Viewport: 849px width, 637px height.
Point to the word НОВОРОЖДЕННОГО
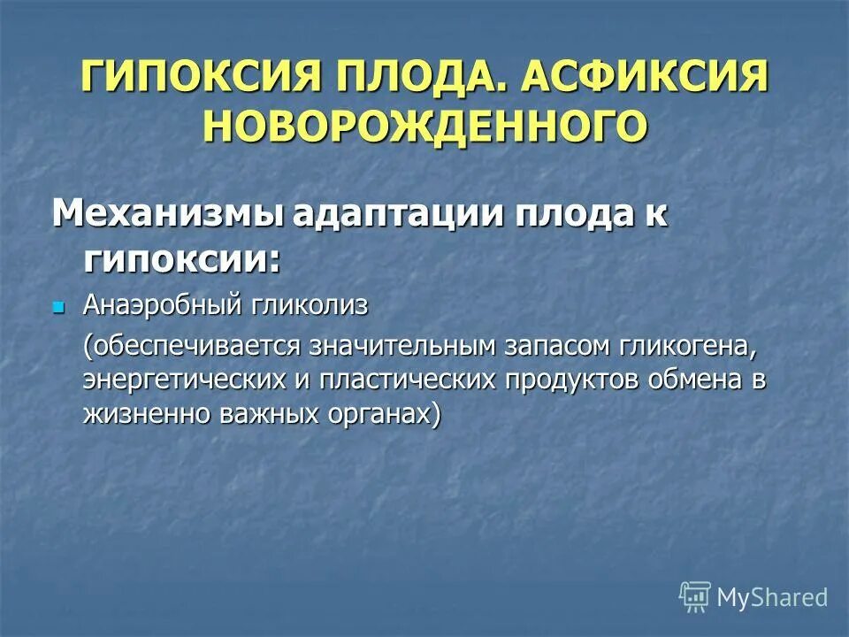pyautogui.click(x=424, y=125)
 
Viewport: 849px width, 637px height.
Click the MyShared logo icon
pyautogui.click(x=694, y=596)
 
